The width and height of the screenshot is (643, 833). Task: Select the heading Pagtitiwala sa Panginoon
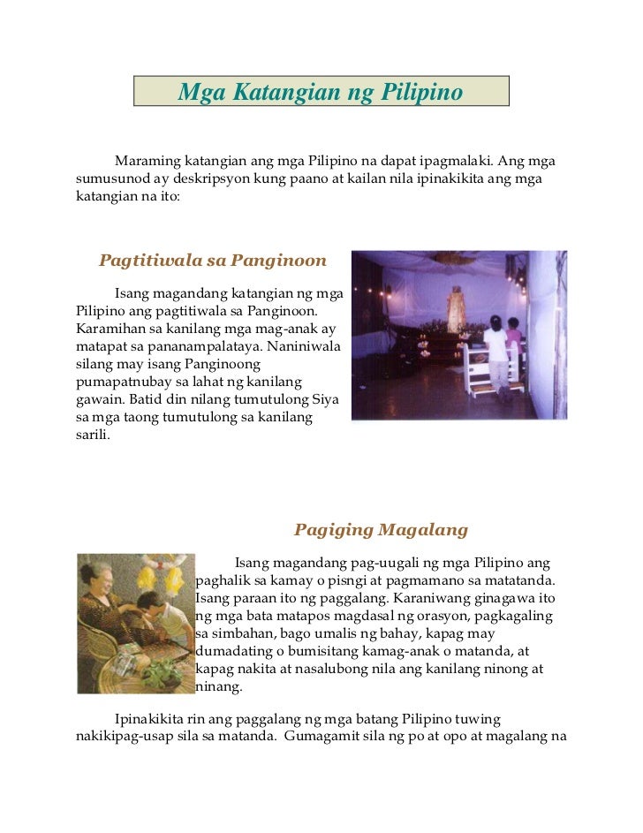tap(213, 261)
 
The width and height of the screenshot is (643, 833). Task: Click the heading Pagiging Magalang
tap(381, 530)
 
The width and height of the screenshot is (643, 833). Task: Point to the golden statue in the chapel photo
tap(456, 311)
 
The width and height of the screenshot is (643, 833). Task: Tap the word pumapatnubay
tap(122, 381)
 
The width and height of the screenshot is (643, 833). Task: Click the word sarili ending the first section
tap(93, 434)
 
